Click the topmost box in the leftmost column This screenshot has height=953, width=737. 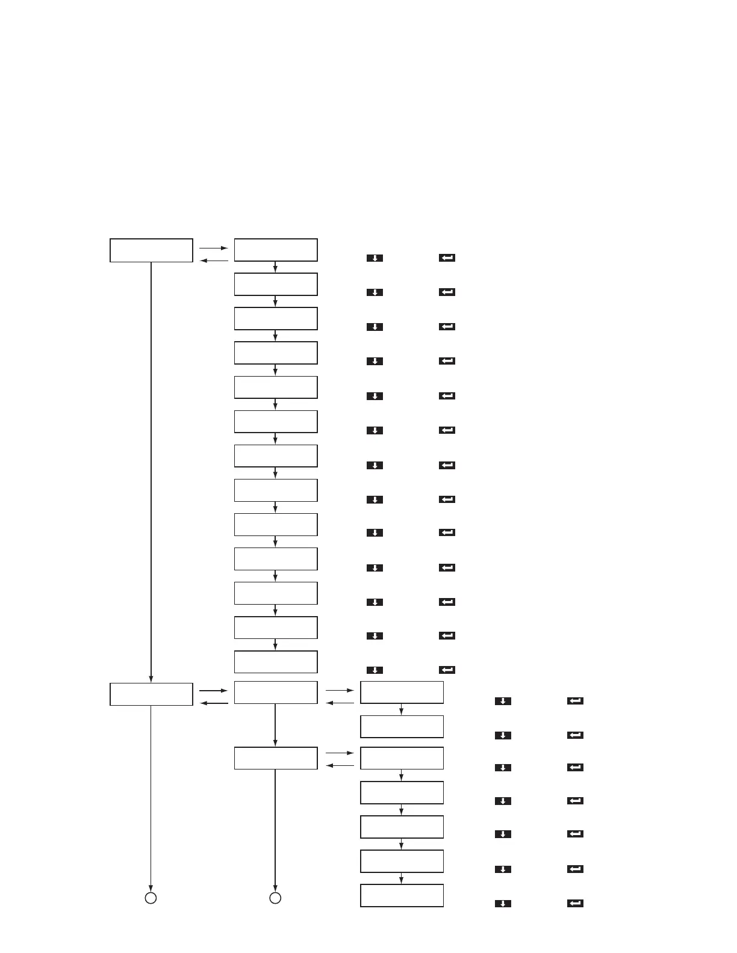[x=151, y=250]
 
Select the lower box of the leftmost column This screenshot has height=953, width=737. [x=151, y=694]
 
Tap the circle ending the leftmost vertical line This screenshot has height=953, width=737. [x=151, y=898]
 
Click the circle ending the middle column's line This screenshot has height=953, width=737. [x=275, y=898]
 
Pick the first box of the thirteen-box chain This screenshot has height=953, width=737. [x=275, y=250]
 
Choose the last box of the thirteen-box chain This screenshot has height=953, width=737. [x=275, y=662]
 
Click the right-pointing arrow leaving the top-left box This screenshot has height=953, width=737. [x=214, y=248]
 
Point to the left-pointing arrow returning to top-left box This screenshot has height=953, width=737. [x=214, y=261]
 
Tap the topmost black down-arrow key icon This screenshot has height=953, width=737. [x=375, y=258]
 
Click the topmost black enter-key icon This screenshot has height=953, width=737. [x=447, y=258]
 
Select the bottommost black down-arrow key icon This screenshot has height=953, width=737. [x=503, y=903]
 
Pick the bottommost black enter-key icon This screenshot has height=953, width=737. [x=575, y=903]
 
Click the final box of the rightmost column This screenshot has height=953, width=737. [x=402, y=895]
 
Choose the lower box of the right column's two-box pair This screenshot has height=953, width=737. [x=402, y=727]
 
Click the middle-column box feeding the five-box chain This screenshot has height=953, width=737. [x=275, y=758]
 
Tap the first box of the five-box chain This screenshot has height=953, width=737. [x=402, y=758]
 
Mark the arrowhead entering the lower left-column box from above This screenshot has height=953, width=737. [x=151, y=678]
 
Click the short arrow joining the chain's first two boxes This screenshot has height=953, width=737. [x=275, y=267]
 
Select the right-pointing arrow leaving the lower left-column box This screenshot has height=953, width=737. [x=214, y=691]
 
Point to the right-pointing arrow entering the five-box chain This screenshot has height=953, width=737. [x=340, y=753]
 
